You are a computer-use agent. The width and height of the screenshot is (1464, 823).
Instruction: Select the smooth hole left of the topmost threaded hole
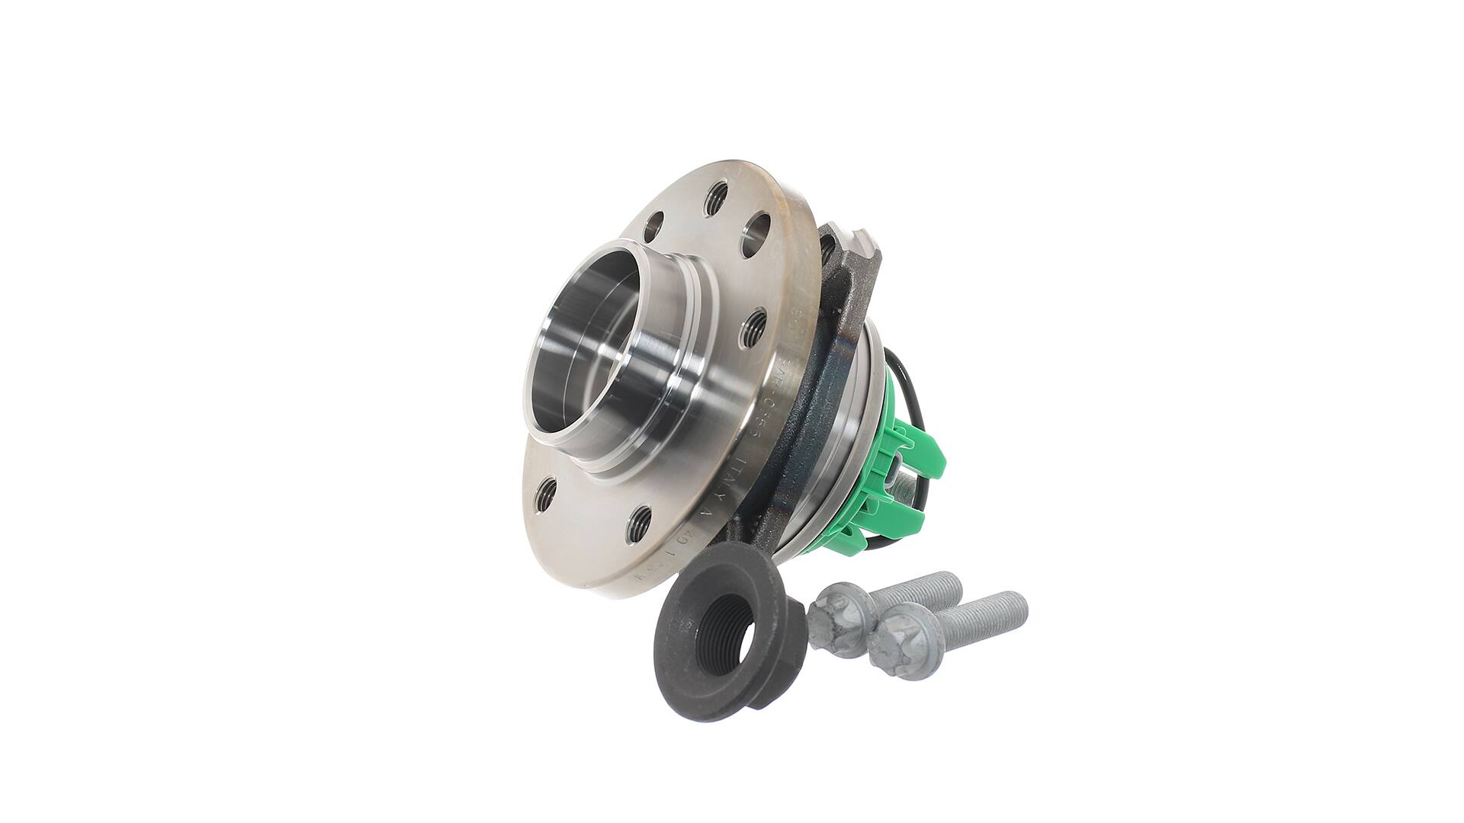[656, 226]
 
